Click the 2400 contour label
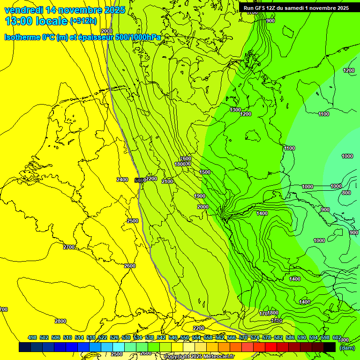point(122,180)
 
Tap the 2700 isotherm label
point(69,247)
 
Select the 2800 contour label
point(60,321)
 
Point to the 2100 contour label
point(167,181)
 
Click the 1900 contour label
point(200,196)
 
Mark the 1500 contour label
point(205,172)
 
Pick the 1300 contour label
point(235,110)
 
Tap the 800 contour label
point(346,193)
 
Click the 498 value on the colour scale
point(32,337)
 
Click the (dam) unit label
point(347,347)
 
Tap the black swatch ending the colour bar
point(330,347)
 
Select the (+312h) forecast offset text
point(84,21)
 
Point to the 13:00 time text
point(18,21)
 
